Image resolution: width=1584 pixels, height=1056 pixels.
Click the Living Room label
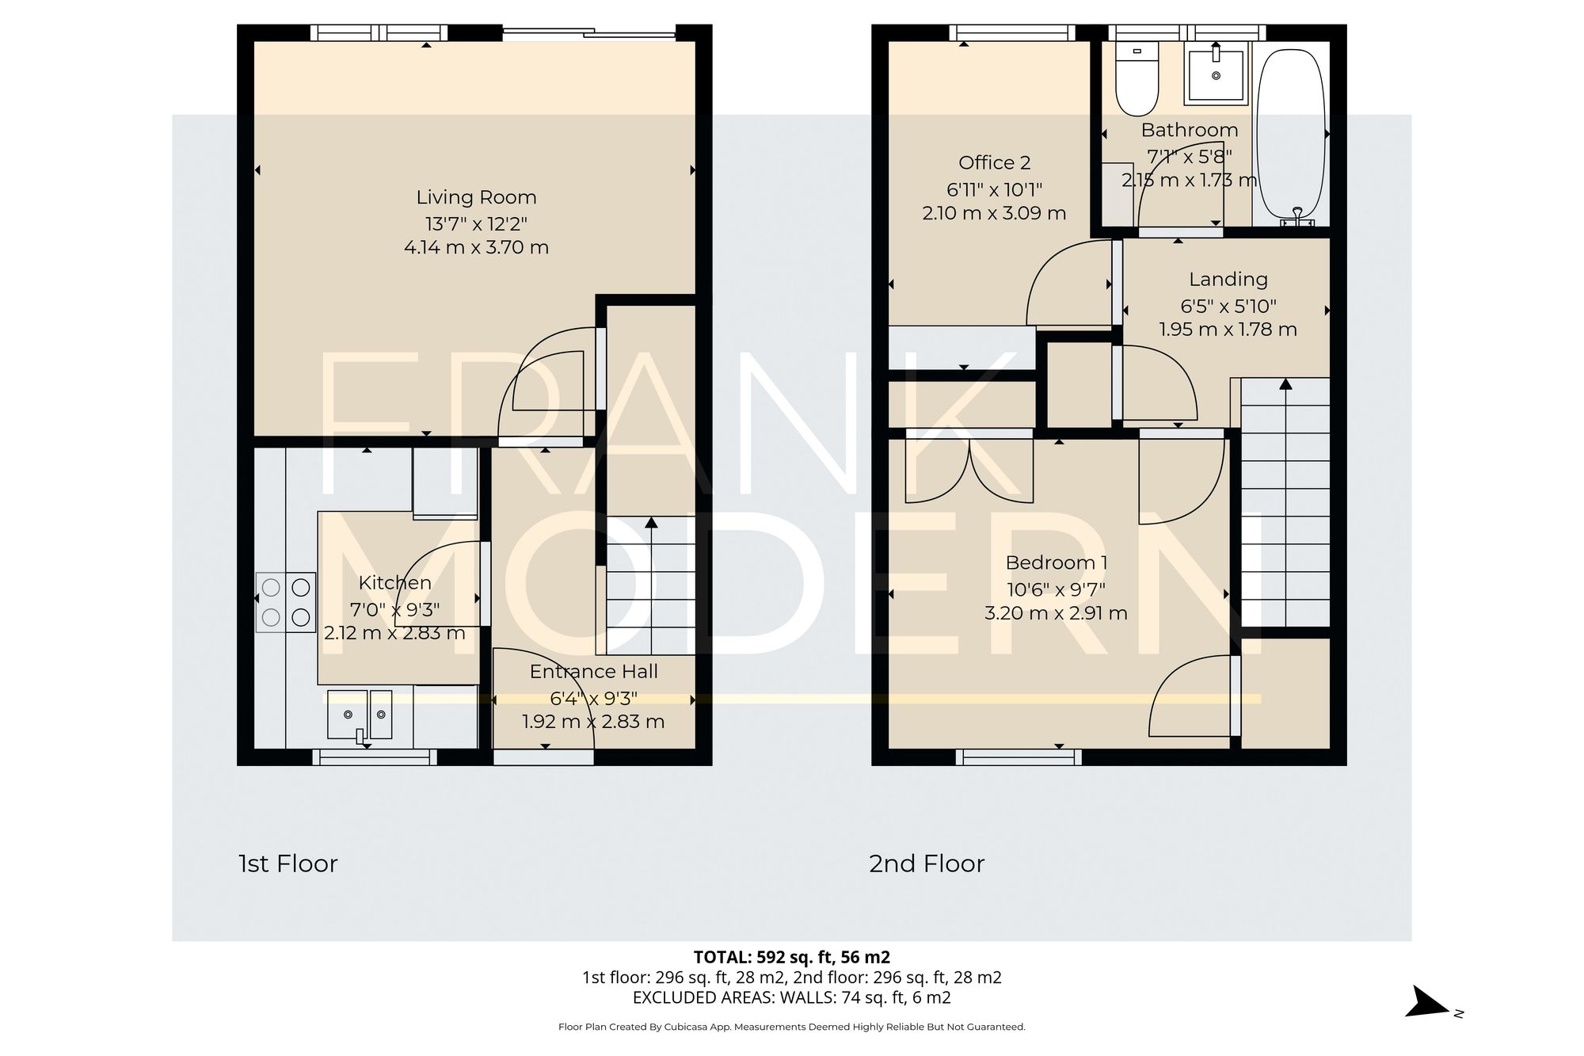coord(476,197)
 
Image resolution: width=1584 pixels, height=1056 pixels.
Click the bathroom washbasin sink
coord(1216,73)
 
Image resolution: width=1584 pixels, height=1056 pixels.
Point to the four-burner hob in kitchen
coord(286,602)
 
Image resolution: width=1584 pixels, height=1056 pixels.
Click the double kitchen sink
coord(360,715)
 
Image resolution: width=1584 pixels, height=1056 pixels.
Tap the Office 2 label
coord(994,163)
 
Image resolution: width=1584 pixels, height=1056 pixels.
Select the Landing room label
coord(1228,280)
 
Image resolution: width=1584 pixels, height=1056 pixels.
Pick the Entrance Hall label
coord(593,672)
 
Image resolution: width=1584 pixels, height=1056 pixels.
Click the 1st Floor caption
coord(288,863)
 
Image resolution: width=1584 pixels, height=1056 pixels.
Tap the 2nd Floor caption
coord(927,863)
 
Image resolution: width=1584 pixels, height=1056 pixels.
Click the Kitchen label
coord(394,583)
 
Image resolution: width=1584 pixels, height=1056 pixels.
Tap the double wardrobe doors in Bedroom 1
coord(969,472)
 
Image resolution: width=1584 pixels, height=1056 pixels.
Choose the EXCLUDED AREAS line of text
coord(792,998)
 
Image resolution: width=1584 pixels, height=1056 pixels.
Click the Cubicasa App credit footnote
coord(792,1027)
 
